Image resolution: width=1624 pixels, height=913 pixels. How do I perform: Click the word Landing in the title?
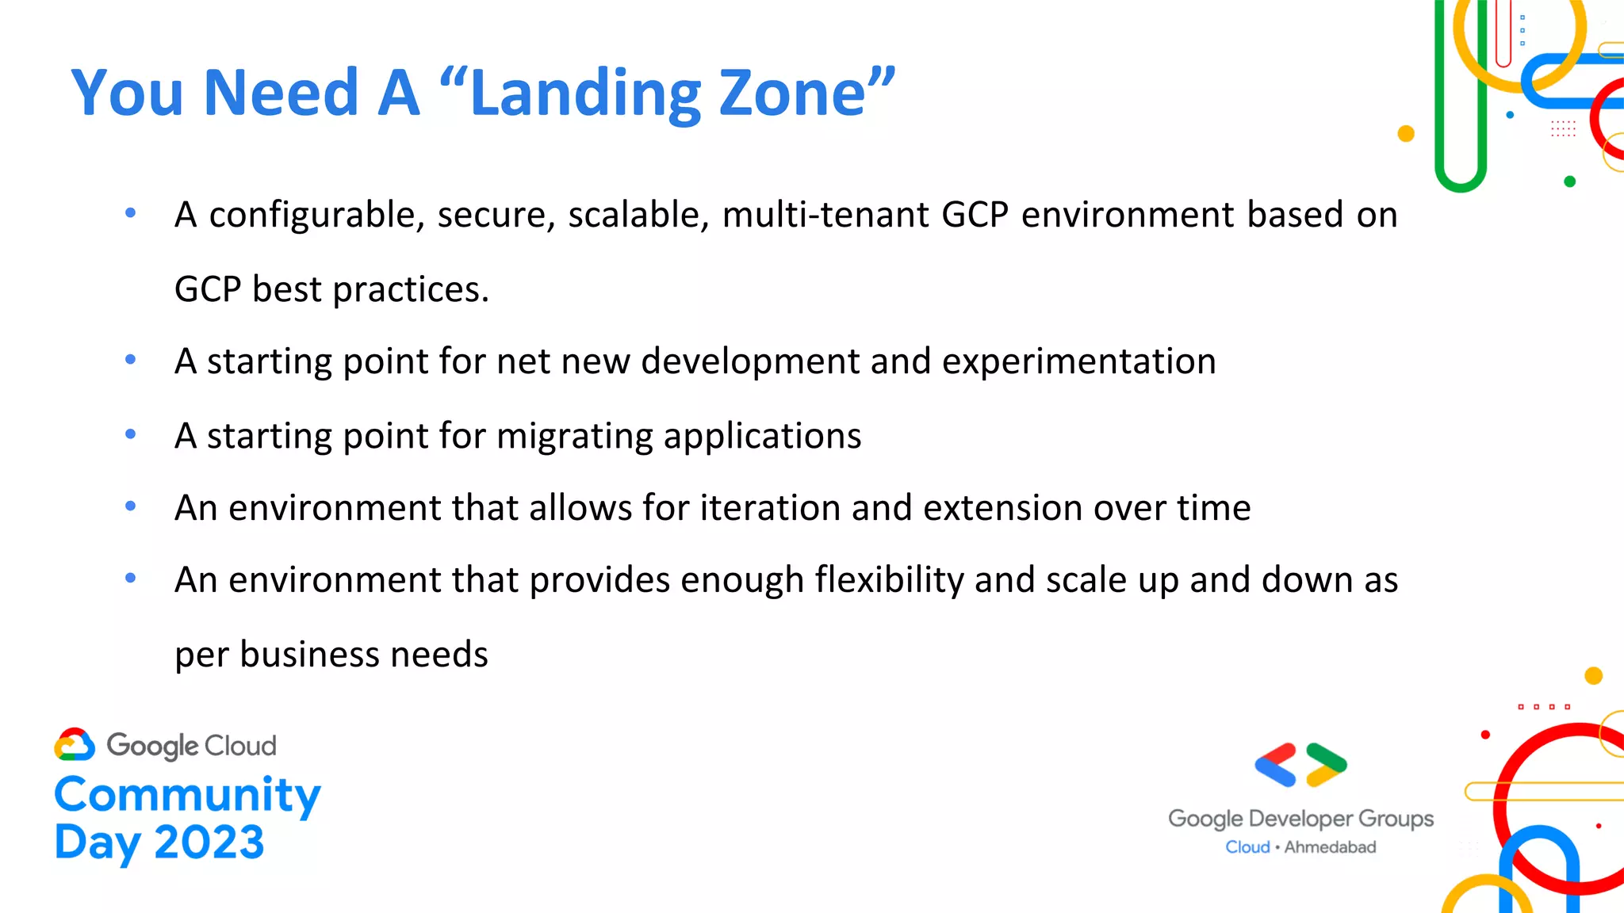coord(585,94)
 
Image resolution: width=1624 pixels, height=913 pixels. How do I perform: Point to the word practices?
coord(411,290)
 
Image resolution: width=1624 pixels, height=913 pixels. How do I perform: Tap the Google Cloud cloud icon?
coord(75,745)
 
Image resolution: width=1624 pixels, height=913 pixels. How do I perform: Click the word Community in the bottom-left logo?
coord(187,795)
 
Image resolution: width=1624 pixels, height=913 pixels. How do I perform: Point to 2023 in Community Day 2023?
coord(209,842)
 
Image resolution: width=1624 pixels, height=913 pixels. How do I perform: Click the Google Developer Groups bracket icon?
coord(1300,765)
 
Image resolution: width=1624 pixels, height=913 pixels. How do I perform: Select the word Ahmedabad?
coord(1330,847)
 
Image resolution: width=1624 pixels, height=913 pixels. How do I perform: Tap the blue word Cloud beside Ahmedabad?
coord(1247,847)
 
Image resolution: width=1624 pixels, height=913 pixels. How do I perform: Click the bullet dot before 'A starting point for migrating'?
coord(131,434)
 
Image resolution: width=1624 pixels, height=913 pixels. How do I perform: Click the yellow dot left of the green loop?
coord(1406,133)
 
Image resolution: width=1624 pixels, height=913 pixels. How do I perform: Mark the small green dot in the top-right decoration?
coord(1569,181)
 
